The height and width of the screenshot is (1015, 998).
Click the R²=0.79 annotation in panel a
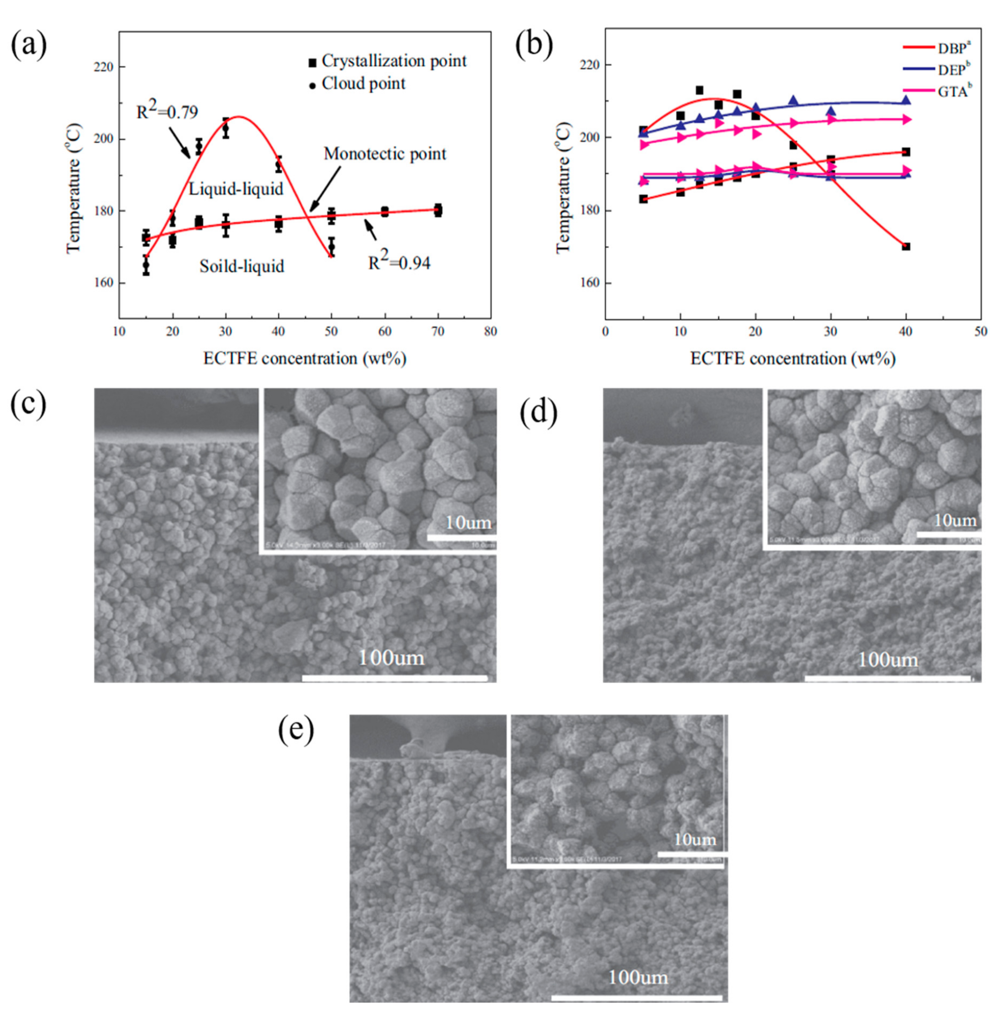(x=167, y=112)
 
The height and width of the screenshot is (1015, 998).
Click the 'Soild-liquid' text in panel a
(x=242, y=266)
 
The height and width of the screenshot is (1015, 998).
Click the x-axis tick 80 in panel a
(x=490, y=332)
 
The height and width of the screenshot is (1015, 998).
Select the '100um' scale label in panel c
(x=391, y=657)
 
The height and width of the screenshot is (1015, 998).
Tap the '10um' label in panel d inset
(x=955, y=520)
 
